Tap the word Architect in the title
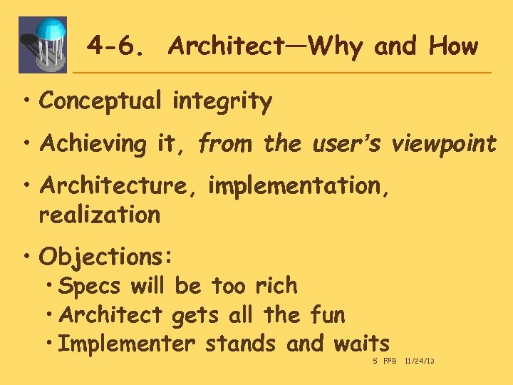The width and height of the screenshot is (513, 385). tap(227, 47)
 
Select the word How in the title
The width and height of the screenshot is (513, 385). tap(453, 47)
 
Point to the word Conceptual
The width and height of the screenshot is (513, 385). tap(100, 102)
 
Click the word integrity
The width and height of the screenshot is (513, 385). tap(222, 102)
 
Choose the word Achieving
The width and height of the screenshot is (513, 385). tap(93, 144)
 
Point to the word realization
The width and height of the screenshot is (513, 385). tap(100, 215)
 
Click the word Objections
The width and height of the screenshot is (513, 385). tap(107, 255)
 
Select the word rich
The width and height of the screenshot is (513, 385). tap(275, 286)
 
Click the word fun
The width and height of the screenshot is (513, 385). tap(328, 314)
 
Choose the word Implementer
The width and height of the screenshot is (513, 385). tap(127, 344)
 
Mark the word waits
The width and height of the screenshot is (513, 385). tap(362, 344)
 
